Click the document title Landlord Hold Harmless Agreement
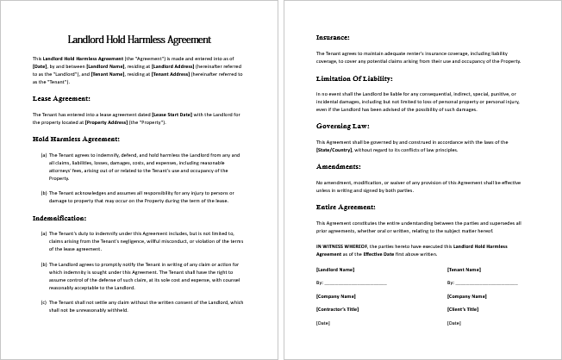140,40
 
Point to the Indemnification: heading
64,218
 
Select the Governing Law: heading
343,124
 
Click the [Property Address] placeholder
108,121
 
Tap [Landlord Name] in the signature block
335,270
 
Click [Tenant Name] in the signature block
465,270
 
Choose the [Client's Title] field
465,309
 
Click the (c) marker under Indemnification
44,302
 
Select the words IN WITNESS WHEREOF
340,246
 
